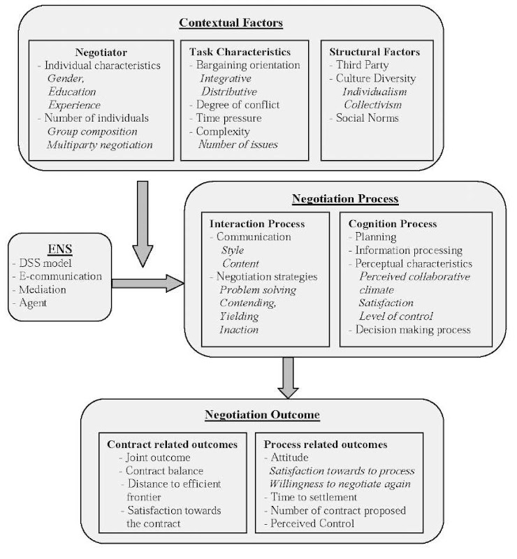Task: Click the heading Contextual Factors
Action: pyautogui.click(x=231, y=23)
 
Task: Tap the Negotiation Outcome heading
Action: pyautogui.click(x=262, y=415)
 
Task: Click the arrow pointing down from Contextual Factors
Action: pyautogui.click(x=143, y=224)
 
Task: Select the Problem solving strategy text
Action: pyautogui.click(x=258, y=290)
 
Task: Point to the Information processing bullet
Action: pyautogui.click(x=408, y=250)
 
